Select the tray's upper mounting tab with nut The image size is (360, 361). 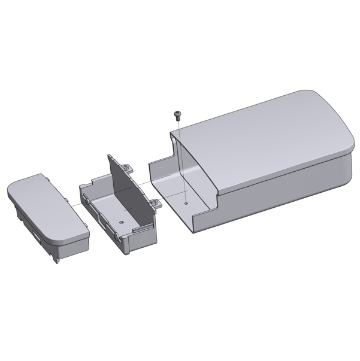[126, 163]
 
